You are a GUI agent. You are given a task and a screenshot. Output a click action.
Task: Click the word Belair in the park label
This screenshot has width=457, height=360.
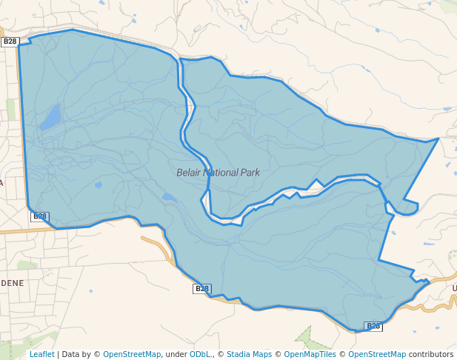[189, 173]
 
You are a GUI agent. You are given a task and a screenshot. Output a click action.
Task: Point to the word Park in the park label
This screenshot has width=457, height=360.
[250, 173]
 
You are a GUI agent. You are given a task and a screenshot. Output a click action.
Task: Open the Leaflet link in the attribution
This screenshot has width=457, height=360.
[42, 354]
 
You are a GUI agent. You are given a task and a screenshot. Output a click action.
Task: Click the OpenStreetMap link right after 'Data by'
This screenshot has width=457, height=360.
[131, 354]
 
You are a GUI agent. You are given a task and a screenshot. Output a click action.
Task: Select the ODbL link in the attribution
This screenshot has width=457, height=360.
[200, 354]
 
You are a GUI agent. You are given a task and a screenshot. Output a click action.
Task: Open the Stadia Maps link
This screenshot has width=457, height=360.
[249, 354]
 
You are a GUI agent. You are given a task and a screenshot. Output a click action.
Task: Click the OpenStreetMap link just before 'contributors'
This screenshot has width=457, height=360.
[377, 354]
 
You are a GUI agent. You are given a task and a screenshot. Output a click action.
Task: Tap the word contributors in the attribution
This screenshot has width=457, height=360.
[430, 354]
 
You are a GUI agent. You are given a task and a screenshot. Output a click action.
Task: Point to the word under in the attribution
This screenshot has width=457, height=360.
[175, 354]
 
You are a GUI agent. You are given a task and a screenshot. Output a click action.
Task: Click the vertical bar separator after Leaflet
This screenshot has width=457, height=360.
[58, 354]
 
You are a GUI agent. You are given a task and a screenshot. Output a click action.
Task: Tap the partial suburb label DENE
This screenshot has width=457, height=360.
[12, 283]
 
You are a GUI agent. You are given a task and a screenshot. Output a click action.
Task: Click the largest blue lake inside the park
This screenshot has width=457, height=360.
[51, 117]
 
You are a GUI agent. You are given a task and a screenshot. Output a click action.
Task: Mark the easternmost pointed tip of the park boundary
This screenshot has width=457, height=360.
[438, 139]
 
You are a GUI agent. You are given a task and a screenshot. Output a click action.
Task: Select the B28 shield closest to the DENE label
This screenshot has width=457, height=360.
[40, 216]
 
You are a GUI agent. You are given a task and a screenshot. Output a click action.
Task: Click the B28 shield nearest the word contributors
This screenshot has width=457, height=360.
[373, 326]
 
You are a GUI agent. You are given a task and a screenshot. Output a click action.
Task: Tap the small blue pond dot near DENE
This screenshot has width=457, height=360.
[90, 291]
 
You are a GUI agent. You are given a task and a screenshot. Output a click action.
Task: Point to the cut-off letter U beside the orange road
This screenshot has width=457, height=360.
[454, 287]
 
